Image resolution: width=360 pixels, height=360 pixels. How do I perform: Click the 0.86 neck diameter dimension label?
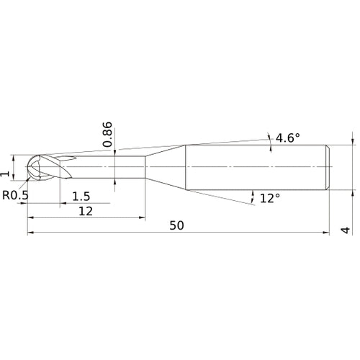[x=107, y=135]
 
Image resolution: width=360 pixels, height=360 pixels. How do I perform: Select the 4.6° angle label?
[x=288, y=138]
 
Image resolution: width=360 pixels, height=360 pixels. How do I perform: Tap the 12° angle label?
[x=270, y=199]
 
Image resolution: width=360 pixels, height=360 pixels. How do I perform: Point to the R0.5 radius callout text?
[x=15, y=195]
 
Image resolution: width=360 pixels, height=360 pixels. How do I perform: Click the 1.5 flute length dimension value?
[x=81, y=197]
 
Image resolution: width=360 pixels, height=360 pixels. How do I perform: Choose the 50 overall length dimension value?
[x=176, y=225]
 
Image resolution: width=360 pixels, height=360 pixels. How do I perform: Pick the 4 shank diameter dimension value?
[x=346, y=230]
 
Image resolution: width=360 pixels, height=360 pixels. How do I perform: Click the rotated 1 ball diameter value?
[x=5, y=174]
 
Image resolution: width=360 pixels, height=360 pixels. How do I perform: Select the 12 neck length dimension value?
[x=86, y=211]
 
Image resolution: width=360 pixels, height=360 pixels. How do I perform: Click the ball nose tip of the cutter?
[x=27, y=167]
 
